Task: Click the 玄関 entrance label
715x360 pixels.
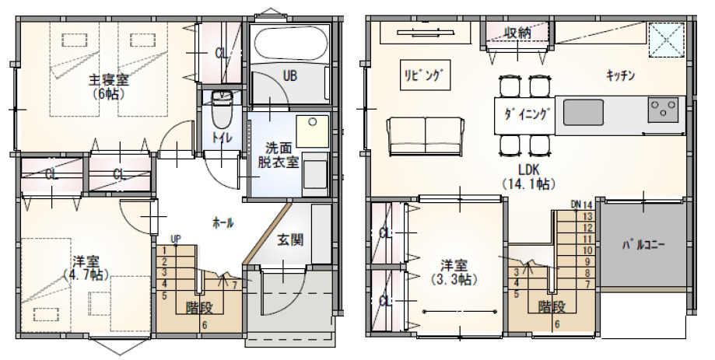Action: pyautogui.click(x=289, y=239)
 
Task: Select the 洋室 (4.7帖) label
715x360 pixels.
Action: pyautogui.click(x=85, y=267)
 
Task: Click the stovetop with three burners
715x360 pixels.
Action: pyautogui.click(x=665, y=110)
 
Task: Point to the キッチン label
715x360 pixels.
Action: pyautogui.click(x=622, y=75)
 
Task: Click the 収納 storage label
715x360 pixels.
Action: pyautogui.click(x=517, y=33)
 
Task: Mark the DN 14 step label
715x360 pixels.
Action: pyautogui.click(x=581, y=204)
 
